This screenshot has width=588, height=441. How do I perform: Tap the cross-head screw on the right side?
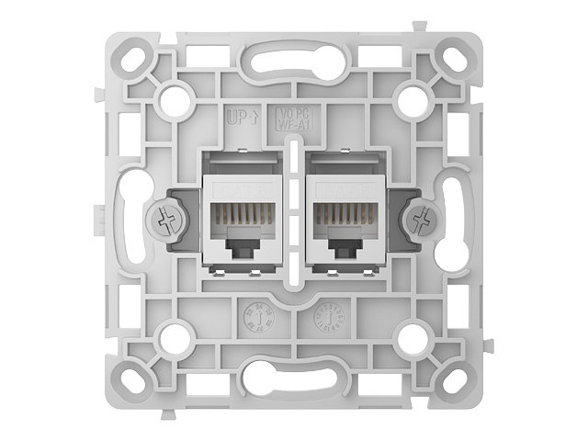tap(422, 220)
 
